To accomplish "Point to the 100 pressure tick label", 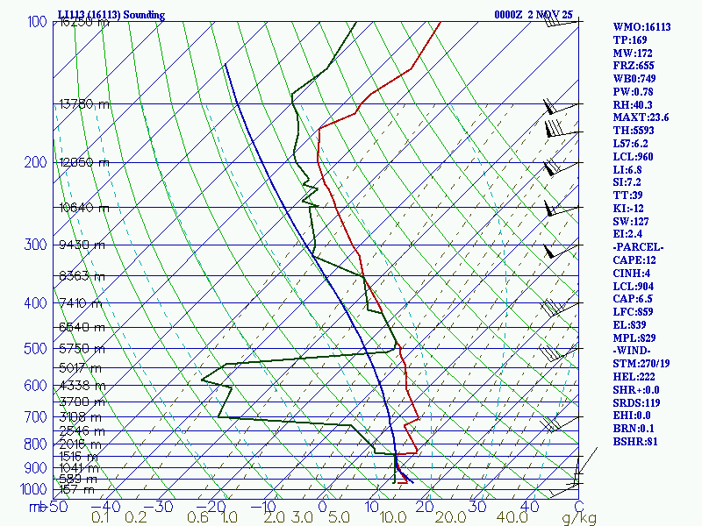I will (x=37, y=21).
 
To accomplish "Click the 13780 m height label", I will (x=83, y=103).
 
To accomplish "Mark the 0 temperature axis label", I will (x=322, y=507).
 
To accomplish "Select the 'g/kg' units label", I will (x=579, y=518).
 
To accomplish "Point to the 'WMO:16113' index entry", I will (x=641, y=27).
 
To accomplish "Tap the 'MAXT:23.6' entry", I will (x=641, y=117).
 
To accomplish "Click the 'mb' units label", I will (x=37, y=507).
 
